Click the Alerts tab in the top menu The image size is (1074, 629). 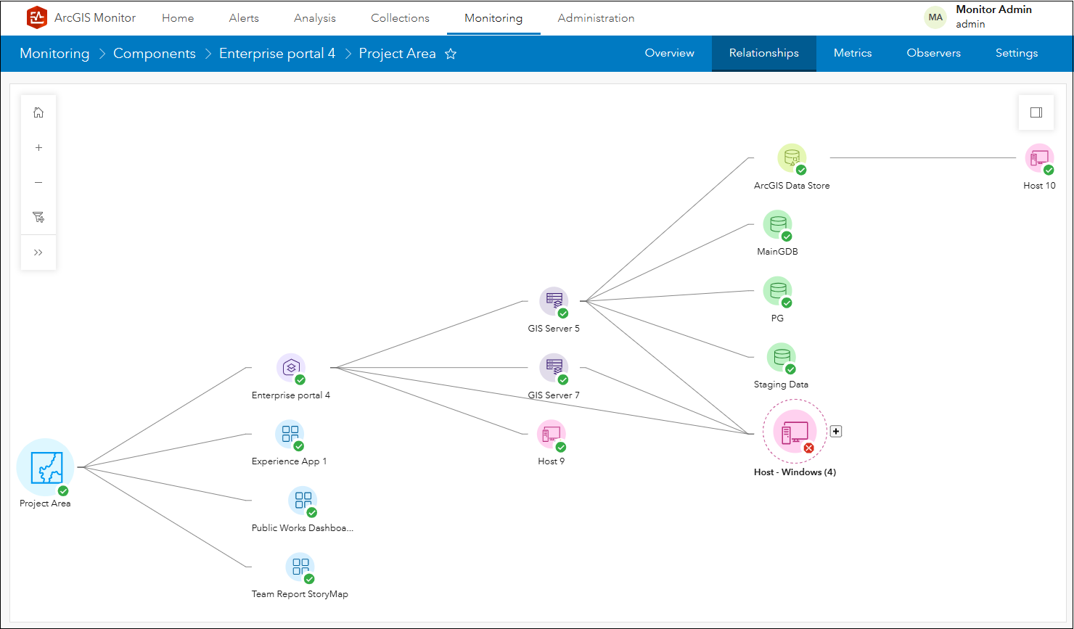[244, 18]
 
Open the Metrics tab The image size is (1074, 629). [853, 53]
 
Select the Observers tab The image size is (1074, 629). [933, 53]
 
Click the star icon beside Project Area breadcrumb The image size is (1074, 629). [451, 54]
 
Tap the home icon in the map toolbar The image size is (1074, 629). [38, 112]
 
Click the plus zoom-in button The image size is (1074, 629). [38, 147]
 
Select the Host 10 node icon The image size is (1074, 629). [1039, 158]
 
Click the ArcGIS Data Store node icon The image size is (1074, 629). [792, 158]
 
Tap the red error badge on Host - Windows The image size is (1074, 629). [808, 448]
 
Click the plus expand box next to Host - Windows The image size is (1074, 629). [836, 432]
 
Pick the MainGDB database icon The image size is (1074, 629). [777, 225]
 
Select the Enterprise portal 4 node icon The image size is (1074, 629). [291, 368]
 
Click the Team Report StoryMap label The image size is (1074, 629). [300, 594]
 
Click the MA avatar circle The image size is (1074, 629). [935, 17]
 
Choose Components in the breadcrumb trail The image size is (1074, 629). [155, 54]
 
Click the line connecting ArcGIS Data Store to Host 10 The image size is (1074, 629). [922, 157]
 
